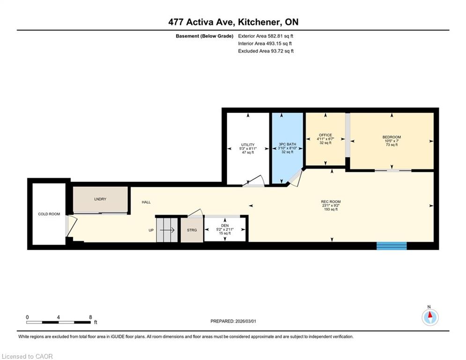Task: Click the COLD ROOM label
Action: (x=49, y=214)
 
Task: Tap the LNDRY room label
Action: (x=100, y=199)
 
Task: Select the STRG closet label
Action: (x=192, y=230)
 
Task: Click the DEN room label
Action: (x=225, y=225)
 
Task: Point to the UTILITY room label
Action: (x=248, y=144)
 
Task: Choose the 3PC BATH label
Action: (x=288, y=144)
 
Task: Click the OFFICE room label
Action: (x=325, y=135)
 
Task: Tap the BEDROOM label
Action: (x=392, y=137)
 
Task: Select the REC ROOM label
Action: (x=331, y=202)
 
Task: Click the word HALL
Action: (x=146, y=202)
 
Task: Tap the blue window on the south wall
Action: (x=392, y=246)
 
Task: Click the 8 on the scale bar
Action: (x=91, y=317)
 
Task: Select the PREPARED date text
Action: (x=233, y=321)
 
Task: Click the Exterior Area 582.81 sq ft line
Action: (x=266, y=36)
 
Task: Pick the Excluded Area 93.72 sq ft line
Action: (x=266, y=51)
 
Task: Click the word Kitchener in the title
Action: (x=259, y=22)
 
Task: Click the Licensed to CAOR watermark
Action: (x=27, y=356)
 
